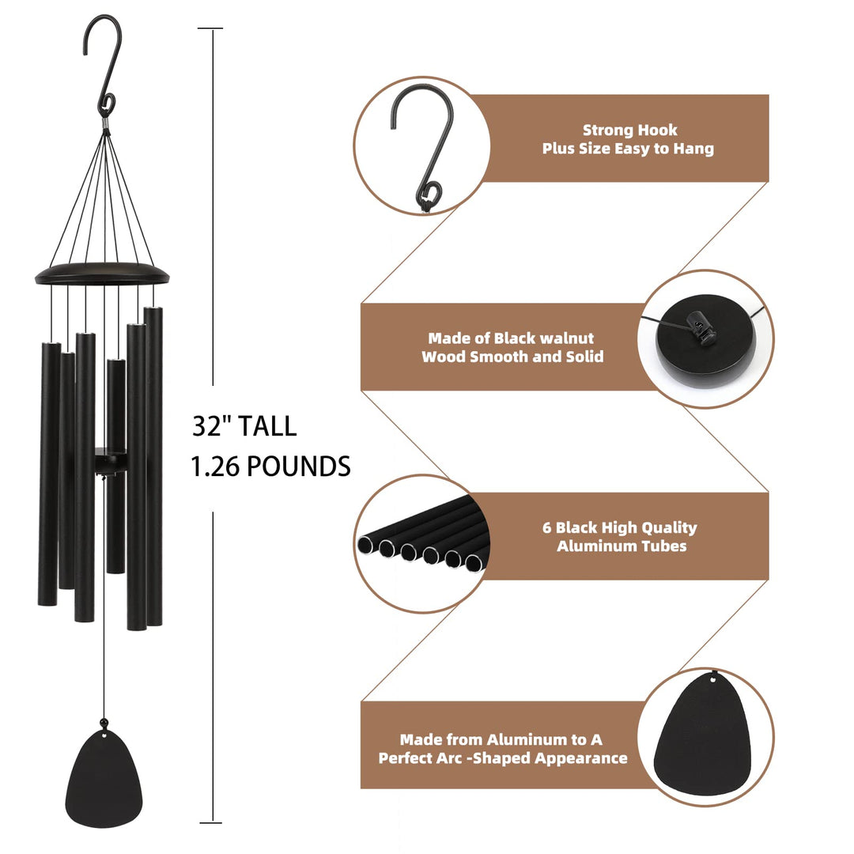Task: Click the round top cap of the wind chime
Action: click(103, 274)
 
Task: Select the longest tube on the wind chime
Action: click(154, 467)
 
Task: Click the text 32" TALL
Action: click(244, 426)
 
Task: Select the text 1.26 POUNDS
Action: click(270, 467)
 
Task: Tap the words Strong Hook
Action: click(629, 130)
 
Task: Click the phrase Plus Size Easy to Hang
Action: click(628, 149)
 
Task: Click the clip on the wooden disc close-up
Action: click(697, 324)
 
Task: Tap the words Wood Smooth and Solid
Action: click(512, 357)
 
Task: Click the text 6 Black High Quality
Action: click(626, 527)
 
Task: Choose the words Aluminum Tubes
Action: click(622, 546)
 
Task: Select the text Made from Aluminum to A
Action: click(501, 739)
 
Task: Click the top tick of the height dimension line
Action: click(210, 28)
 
